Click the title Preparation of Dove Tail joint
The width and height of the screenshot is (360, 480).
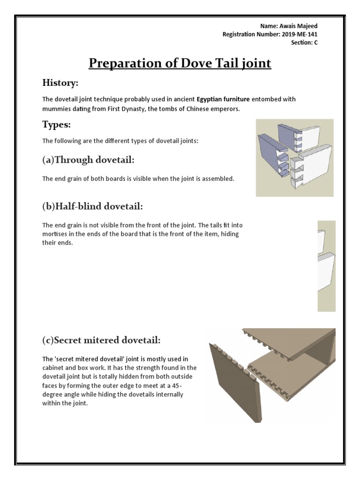tap(180, 63)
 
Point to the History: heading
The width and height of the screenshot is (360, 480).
tap(60, 83)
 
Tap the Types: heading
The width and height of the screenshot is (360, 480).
tap(56, 125)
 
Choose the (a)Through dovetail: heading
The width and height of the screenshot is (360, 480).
tap(88, 160)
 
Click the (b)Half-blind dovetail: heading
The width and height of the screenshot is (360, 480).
tap(93, 206)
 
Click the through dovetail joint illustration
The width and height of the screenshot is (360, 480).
tap(294, 157)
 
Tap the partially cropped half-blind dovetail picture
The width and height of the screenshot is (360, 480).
tap(326, 266)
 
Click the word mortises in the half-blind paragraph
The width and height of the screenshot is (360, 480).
tap(56, 234)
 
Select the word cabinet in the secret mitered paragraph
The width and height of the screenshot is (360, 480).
tap(53, 368)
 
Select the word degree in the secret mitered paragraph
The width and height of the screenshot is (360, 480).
tap(52, 394)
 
